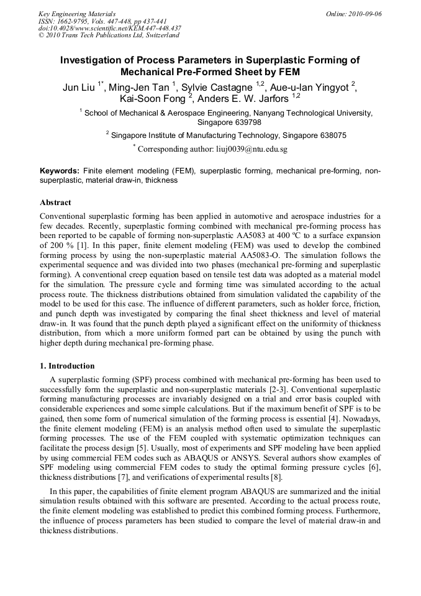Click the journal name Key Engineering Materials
point(77,14)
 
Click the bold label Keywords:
point(60,170)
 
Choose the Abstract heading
point(55,203)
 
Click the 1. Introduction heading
point(67,366)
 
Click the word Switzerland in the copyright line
point(161,36)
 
